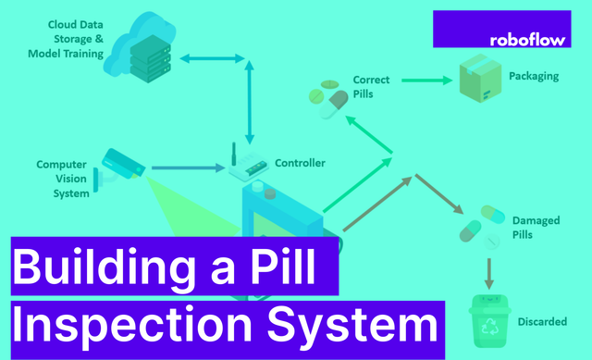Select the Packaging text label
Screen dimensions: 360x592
[x=534, y=77]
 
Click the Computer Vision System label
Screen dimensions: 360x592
[x=63, y=179]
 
